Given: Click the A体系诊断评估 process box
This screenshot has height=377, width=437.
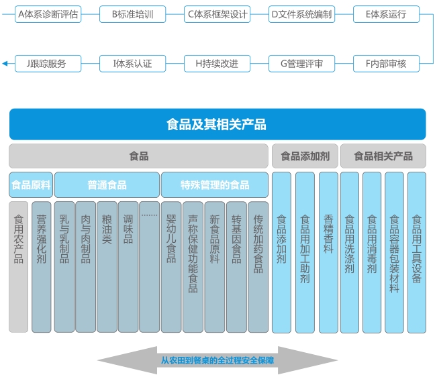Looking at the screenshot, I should click(48, 14).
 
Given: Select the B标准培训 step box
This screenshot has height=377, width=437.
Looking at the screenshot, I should click(133, 14).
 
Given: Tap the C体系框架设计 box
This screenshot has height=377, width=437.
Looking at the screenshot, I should click(217, 14).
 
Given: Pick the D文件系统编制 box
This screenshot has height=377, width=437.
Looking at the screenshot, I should click(301, 14).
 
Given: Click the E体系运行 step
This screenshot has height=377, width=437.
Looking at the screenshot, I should click(386, 14).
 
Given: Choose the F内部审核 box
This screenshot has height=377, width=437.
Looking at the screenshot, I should click(386, 64).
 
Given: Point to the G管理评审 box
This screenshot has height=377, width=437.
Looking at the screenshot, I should click(301, 64).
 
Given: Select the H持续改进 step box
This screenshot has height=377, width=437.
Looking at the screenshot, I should click(217, 64).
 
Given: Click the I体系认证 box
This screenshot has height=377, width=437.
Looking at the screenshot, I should click(133, 64).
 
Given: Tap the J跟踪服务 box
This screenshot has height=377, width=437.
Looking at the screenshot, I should click(48, 64).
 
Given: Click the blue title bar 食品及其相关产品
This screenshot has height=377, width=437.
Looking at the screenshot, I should click(217, 124).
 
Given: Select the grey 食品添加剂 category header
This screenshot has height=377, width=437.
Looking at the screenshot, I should click(304, 156).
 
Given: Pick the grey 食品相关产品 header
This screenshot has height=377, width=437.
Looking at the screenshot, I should click(383, 156).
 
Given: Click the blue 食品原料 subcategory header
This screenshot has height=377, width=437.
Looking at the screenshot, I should click(31, 184).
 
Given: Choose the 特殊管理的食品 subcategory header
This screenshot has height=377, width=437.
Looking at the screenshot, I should click(215, 184).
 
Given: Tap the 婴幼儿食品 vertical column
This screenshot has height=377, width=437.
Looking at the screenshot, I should click(171, 266).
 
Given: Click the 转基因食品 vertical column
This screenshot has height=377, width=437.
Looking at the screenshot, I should click(236, 266).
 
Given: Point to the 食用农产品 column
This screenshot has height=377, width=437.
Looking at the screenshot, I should click(19, 266).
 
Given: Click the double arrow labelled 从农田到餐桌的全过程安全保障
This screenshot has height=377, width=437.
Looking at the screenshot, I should click(217, 361).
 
